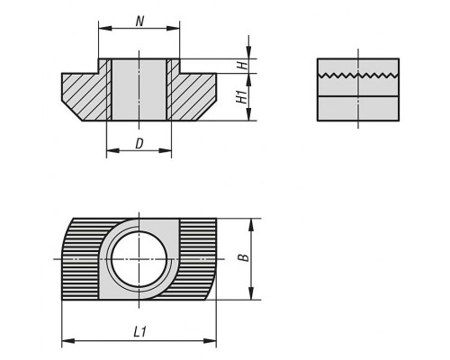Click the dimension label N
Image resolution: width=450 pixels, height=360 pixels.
(x=139, y=22)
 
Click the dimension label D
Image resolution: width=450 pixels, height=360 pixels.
(x=139, y=144)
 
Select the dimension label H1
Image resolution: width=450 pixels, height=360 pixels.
(x=242, y=96)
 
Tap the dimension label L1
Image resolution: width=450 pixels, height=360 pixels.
(x=139, y=332)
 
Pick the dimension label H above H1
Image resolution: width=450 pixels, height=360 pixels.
(x=245, y=66)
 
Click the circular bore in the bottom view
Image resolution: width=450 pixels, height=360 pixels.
(x=139, y=259)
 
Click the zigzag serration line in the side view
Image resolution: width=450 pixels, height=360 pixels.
(x=358, y=75)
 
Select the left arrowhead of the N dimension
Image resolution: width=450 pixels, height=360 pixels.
(x=105, y=28)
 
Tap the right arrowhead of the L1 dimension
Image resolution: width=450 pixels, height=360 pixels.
(x=210, y=341)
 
